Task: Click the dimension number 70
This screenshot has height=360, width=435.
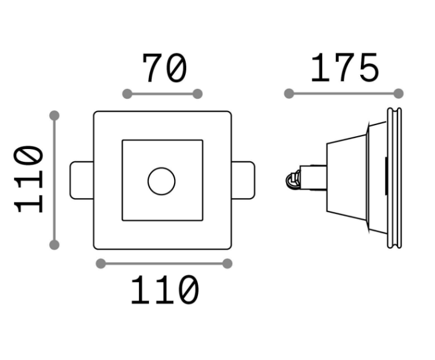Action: click(164, 68)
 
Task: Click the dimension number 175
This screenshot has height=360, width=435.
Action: click(345, 67)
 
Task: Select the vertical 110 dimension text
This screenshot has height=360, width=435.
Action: click(29, 179)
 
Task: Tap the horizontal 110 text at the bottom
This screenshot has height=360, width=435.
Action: click(165, 289)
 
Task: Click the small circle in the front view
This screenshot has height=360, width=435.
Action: click(162, 181)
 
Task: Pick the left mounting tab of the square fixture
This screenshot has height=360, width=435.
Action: click(81, 180)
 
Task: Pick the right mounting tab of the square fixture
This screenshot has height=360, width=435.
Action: click(243, 180)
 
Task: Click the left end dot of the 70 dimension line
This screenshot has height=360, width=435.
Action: click(127, 94)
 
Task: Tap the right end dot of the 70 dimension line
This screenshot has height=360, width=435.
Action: click(197, 94)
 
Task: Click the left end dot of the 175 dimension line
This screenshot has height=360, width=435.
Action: click(289, 94)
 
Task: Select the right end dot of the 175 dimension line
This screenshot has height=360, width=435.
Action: click(398, 94)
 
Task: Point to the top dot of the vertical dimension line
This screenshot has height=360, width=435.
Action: click(55, 115)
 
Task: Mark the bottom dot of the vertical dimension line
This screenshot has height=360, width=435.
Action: click(55, 245)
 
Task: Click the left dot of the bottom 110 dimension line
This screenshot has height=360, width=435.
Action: click(100, 264)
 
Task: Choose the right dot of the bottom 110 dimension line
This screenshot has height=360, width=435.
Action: click(227, 264)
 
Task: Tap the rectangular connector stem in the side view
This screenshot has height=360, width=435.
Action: click(313, 178)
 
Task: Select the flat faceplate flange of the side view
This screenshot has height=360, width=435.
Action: click(394, 178)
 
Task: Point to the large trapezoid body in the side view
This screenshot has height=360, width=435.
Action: click(347, 178)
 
